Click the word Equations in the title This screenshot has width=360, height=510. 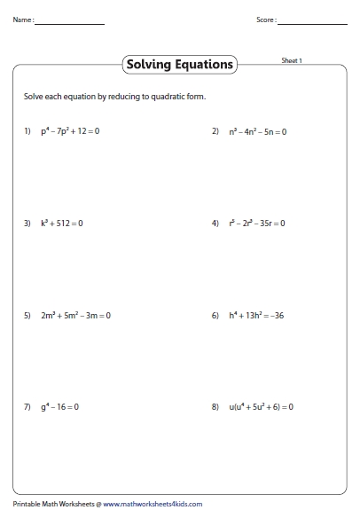pos(205,65)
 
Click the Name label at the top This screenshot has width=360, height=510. pos(23,20)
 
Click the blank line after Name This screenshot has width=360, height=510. pos(70,22)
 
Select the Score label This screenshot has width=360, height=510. pos(266,20)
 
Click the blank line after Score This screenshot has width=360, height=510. pos(311,22)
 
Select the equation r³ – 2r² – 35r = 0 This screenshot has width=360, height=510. pos(257,224)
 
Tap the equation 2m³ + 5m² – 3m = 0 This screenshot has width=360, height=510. pos(76,316)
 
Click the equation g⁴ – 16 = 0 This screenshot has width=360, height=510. pos(59,407)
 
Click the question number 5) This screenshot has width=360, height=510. pos(27,316)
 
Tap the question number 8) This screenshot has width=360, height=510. pos(215,407)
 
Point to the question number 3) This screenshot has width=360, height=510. pos(27,224)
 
